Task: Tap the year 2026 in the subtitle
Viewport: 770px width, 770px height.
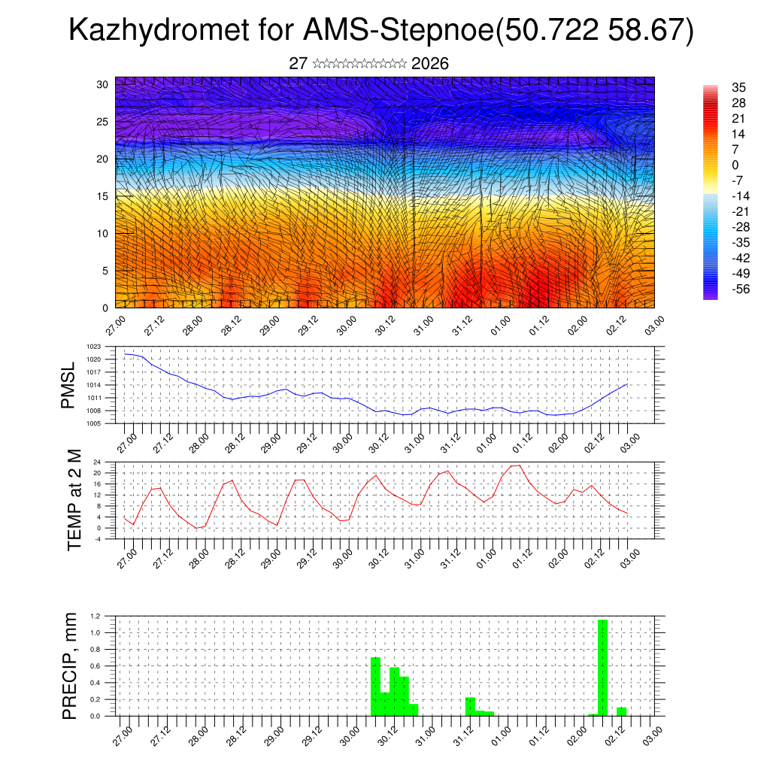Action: [430, 64]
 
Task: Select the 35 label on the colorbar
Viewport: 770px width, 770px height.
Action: [738, 87]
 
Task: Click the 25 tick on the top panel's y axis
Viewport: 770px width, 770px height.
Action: [103, 122]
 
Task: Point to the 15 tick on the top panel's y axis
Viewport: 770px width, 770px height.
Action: [103, 196]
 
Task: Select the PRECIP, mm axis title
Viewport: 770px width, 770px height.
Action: [69, 665]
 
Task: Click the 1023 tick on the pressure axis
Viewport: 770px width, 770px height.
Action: [94, 347]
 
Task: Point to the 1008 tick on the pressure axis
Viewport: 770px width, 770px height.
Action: [94, 411]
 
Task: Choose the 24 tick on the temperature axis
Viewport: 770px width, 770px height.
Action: [98, 462]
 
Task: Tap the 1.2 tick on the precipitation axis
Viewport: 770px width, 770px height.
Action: [95, 616]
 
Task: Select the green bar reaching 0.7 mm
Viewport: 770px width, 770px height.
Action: [375, 687]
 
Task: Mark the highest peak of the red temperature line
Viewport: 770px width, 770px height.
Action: [518, 465]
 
